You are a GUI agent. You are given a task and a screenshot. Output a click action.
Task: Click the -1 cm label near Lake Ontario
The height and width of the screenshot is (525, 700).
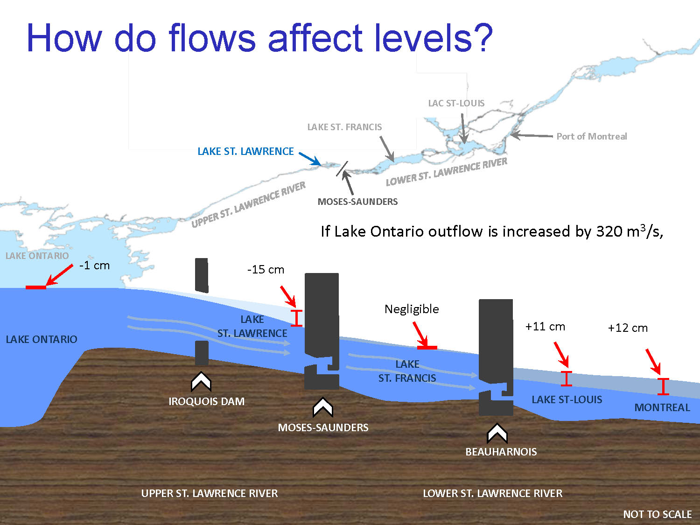pyautogui.click(x=94, y=266)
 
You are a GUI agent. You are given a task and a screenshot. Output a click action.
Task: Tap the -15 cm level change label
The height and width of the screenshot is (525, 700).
pyautogui.click(x=266, y=270)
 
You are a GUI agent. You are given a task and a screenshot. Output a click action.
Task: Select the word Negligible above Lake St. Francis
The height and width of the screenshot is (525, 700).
pyautogui.click(x=412, y=309)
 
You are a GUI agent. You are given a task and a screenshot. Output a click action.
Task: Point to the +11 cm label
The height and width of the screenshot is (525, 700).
pyautogui.click(x=545, y=327)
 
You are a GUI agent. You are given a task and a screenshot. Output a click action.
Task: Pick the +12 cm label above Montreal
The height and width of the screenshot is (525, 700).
pyautogui.click(x=628, y=328)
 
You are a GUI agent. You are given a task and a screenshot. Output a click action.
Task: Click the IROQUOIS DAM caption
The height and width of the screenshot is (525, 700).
pyautogui.click(x=206, y=401)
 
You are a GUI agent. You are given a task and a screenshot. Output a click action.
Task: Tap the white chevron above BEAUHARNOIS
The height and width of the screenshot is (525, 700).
pyautogui.click(x=497, y=434)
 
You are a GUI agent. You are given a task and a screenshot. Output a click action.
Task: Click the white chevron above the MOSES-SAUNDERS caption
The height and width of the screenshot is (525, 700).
pyautogui.click(x=323, y=407)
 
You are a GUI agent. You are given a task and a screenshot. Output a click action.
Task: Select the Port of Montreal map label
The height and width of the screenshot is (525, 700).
pyautogui.click(x=592, y=136)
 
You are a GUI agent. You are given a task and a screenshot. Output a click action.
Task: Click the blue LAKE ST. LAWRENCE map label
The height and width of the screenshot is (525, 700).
pyautogui.click(x=245, y=151)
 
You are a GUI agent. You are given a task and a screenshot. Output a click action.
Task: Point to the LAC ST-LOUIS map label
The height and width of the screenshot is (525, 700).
pyautogui.click(x=456, y=103)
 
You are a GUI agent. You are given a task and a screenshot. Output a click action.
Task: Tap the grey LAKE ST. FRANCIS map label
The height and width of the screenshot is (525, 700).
pyautogui.click(x=344, y=127)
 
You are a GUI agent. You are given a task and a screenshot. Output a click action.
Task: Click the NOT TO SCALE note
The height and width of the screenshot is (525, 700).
pyautogui.click(x=657, y=514)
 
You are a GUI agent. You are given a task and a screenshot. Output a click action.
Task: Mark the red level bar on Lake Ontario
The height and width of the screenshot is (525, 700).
pyautogui.click(x=36, y=287)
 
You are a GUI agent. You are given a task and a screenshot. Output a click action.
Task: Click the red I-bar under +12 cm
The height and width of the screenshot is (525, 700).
pyautogui.click(x=663, y=387)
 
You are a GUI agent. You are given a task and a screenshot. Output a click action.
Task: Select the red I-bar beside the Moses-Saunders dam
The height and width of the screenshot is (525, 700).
pyautogui.click(x=296, y=318)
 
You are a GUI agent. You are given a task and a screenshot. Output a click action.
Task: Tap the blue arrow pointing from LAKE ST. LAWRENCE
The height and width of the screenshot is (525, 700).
pyautogui.click(x=310, y=159)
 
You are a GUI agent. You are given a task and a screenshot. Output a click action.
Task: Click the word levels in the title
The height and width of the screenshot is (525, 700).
pyautogui.click(x=422, y=38)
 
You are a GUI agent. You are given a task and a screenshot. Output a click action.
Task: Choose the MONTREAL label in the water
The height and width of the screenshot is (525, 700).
pyautogui.click(x=662, y=407)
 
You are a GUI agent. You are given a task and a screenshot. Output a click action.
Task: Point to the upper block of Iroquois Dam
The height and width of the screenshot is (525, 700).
pyautogui.click(x=202, y=275)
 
